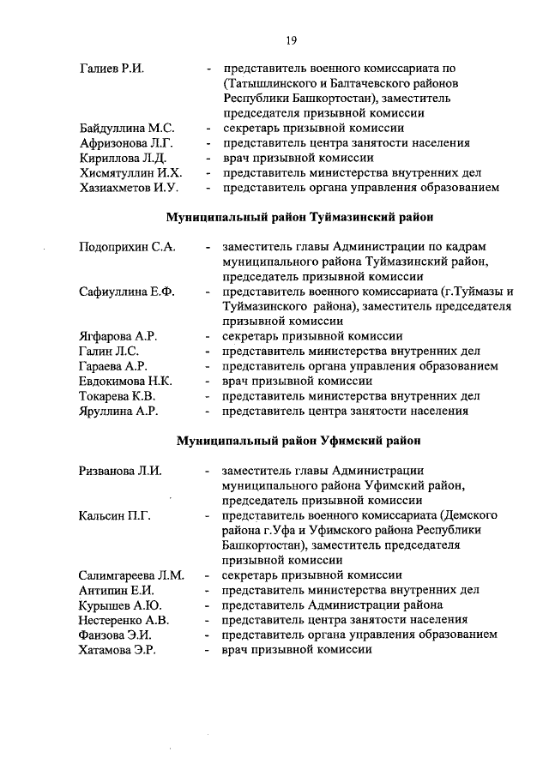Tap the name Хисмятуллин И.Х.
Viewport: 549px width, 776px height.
coord(130,172)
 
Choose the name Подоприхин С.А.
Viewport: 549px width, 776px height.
coord(126,247)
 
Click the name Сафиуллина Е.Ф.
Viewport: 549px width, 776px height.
coord(126,292)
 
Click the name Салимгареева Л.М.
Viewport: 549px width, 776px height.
coord(131,574)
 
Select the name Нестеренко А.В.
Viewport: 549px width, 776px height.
coord(124,619)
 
